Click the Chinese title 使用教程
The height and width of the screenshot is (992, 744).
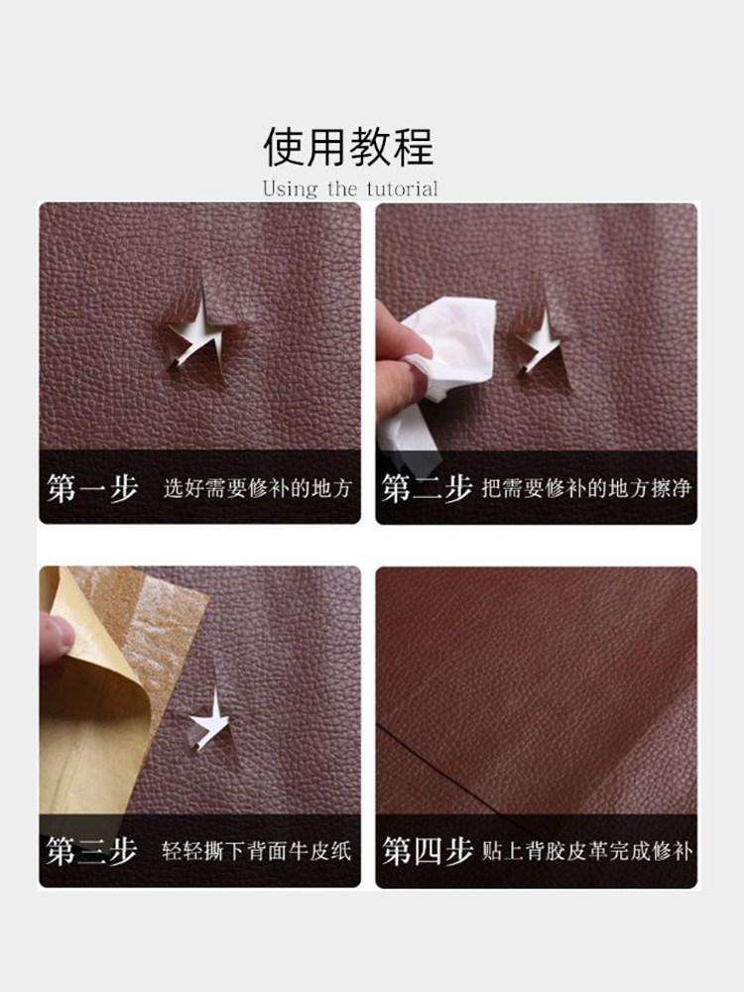(348, 146)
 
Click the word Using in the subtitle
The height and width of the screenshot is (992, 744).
(290, 189)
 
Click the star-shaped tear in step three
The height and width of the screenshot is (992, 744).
(210, 720)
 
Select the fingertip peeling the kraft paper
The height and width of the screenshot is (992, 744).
(57, 634)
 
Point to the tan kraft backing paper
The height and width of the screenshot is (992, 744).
(88, 727)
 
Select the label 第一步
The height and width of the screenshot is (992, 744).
(92, 488)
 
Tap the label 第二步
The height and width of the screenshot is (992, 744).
(427, 488)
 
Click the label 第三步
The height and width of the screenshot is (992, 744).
(91, 851)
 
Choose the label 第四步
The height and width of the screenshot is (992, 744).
(427, 851)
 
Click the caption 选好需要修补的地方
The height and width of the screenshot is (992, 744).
(258, 488)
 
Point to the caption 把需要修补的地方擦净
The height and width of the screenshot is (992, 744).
(586, 488)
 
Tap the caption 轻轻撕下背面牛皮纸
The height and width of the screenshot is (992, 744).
(256, 851)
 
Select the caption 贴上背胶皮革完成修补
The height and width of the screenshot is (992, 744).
(586, 851)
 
